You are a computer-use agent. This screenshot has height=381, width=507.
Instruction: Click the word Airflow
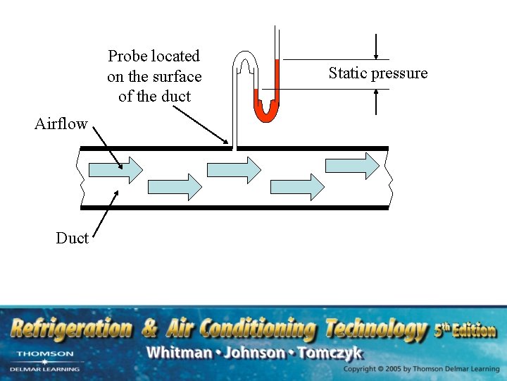[61, 124]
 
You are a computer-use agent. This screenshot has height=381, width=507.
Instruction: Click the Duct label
[72, 238]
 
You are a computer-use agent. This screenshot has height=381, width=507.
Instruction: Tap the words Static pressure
[378, 73]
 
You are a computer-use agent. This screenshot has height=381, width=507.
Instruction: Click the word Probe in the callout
[127, 56]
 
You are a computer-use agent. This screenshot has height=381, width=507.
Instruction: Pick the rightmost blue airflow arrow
[352, 165]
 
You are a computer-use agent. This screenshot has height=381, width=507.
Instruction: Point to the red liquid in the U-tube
[266, 109]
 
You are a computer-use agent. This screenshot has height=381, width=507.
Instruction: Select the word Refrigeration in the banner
[71, 329]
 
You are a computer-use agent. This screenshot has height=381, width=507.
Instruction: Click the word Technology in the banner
[376, 329]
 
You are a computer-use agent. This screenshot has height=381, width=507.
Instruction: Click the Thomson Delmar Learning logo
[44, 361]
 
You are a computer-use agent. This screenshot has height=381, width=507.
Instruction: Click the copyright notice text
[421, 369]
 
